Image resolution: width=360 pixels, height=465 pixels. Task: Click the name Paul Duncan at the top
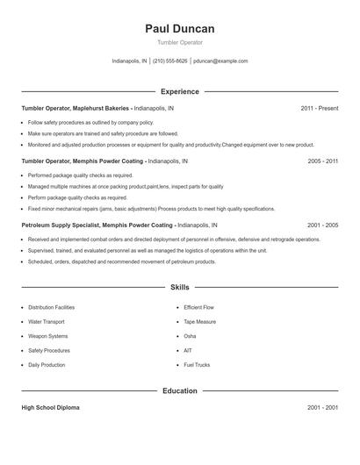click(179, 29)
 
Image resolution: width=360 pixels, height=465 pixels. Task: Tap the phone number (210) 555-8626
click(170, 61)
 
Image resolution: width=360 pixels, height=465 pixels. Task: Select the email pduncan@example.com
click(220, 61)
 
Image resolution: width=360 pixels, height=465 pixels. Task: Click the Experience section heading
click(179, 91)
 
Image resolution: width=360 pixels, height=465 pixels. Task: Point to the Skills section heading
click(179, 287)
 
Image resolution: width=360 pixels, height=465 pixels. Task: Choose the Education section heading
click(179, 390)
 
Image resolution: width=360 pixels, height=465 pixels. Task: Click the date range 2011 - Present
click(319, 108)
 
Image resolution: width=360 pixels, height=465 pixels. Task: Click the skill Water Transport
click(47, 322)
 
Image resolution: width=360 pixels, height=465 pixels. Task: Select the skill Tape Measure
click(199, 322)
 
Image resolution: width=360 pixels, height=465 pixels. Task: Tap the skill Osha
click(190, 336)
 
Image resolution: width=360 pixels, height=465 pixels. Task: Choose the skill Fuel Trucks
click(197, 364)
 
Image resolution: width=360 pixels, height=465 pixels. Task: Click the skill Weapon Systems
click(47, 336)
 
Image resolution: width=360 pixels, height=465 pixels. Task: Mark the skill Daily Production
click(47, 364)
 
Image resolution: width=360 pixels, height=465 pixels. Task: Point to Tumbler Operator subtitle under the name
click(179, 42)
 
